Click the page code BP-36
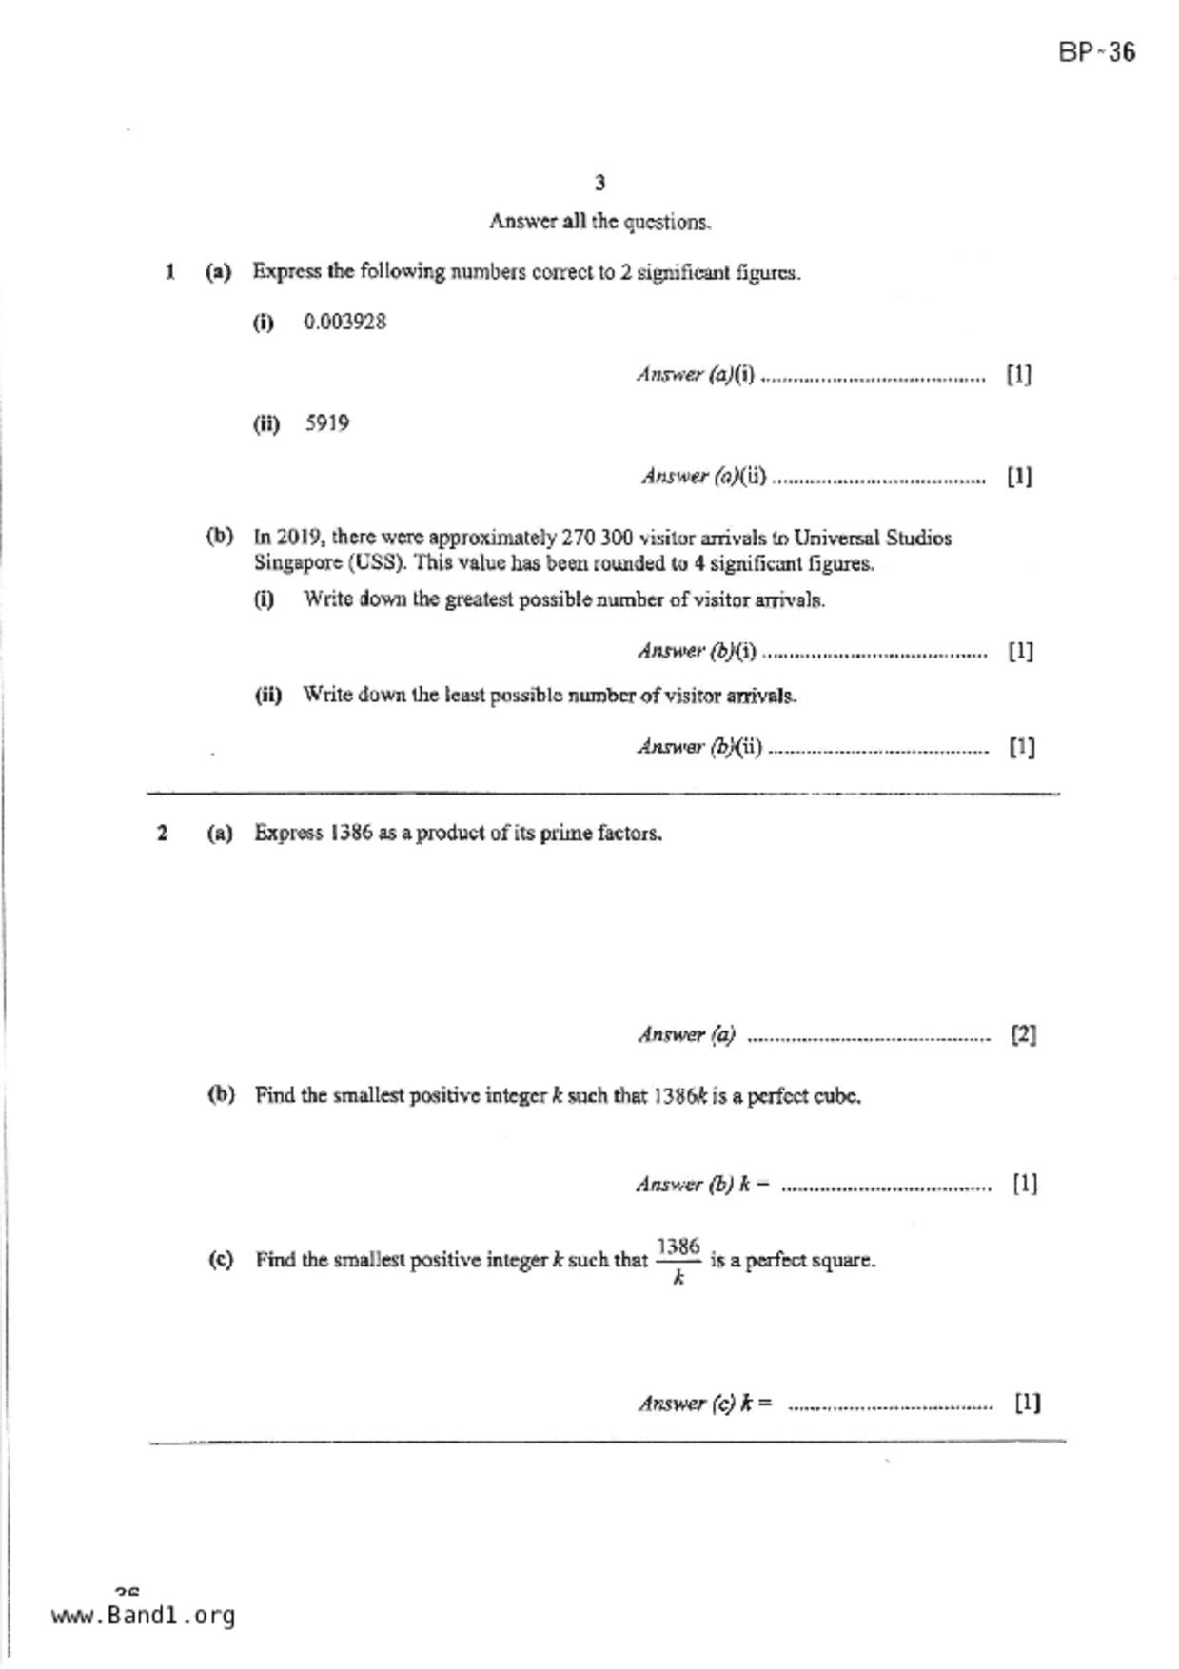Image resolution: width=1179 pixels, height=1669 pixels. click(x=1096, y=52)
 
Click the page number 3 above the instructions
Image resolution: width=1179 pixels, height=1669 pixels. click(x=599, y=183)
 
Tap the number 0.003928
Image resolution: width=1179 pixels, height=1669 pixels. click(x=344, y=322)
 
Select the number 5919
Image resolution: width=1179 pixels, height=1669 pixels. click(x=326, y=423)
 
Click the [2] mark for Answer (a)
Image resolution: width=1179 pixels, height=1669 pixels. click(x=1023, y=1034)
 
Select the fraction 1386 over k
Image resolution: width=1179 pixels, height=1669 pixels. click(x=678, y=1260)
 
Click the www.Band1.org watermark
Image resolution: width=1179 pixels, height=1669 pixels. click(x=143, y=1616)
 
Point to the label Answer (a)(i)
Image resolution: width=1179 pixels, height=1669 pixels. click(x=696, y=375)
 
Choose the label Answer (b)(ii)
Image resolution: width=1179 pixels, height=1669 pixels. click(x=699, y=747)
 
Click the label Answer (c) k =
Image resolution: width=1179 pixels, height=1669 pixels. click(x=705, y=1404)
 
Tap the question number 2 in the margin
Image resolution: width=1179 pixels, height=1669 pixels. click(x=163, y=834)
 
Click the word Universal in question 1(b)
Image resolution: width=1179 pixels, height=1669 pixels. click(x=835, y=539)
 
